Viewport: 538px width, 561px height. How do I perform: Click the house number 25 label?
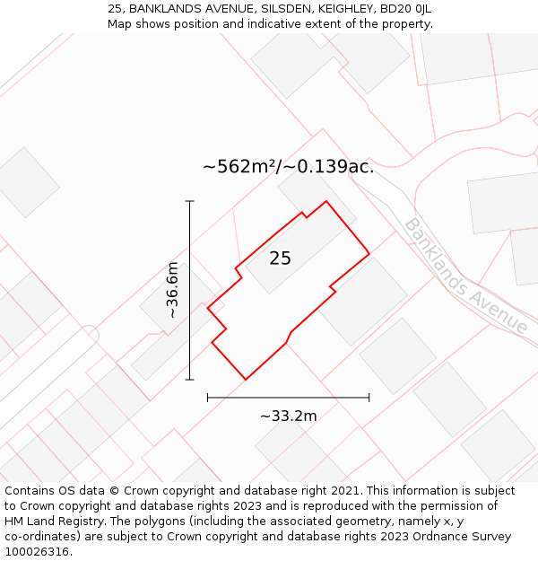pos(280,259)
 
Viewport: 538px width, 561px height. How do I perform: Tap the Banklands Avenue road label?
pos(466,276)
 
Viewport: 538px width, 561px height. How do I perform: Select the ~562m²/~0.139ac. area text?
pos(288,166)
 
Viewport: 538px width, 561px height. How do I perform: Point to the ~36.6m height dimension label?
pos(172,290)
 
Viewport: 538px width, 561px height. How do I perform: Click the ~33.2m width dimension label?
pos(289,416)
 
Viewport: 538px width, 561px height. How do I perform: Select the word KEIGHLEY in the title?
pos(342,8)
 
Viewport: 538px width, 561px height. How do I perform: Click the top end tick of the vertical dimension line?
pos(190,201)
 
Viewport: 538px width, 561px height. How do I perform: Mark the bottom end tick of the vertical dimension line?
pos(190,380)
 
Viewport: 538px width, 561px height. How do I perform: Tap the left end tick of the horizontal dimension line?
pos(207,397)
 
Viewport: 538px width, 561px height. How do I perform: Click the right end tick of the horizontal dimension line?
pos(369,397)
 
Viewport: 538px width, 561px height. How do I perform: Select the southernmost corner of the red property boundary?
pos(246,379)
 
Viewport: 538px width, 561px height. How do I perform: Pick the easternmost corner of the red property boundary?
pos(369,253)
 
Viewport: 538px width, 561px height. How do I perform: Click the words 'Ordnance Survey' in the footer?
pos(465,537)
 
